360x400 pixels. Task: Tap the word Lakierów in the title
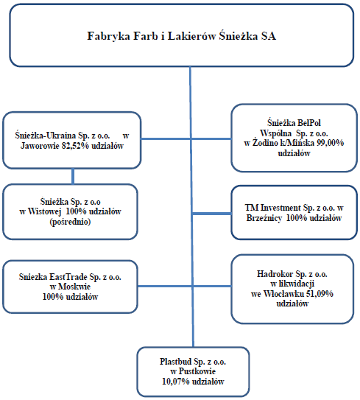(x=191, y=35)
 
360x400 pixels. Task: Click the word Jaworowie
(x=40, y=146)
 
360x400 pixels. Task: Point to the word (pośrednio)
(x=70, y=222)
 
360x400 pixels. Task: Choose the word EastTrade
(x=68, y=277)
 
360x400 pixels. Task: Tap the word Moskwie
(x=74, y=287)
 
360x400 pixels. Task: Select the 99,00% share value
(x=331, y=143)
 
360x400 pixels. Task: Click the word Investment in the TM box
(x=280, y=208)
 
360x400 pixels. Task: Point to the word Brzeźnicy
(x=264, y=218)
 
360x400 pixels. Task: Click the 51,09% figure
(x=320, y=294)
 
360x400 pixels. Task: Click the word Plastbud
(x=175, y=362)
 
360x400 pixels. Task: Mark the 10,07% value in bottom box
(x=176, y=382)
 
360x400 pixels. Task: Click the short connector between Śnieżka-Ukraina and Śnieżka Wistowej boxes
(x=73, y=176)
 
